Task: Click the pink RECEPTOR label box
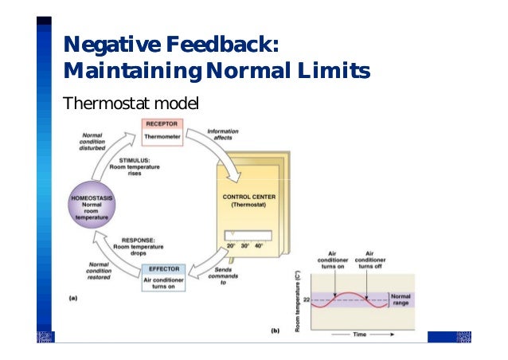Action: (162, 124)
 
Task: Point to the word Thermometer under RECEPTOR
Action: (162, 137)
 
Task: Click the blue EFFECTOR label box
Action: (163, 268)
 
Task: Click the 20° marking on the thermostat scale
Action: (230, 246)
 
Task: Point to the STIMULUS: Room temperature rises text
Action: (135, 169)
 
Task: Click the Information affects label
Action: (221, 135)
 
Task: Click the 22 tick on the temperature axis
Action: (305, 301)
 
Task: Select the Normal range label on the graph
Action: (400, 299)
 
